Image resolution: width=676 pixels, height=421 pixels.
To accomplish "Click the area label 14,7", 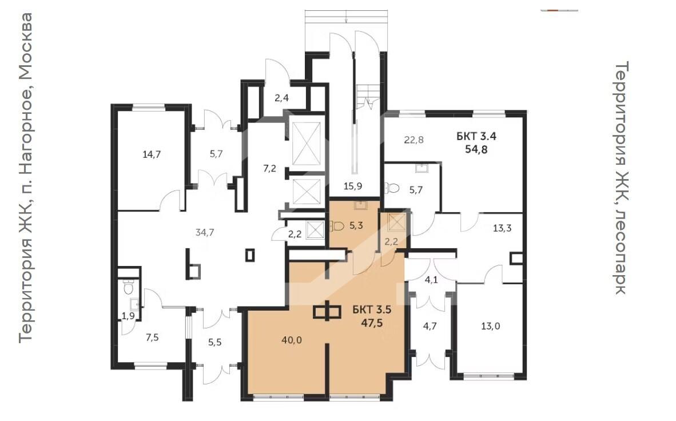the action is pos(152,154).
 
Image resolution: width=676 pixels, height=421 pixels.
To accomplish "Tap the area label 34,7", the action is pos(204,232).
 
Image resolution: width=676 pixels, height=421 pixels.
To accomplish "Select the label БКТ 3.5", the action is pos(372,309).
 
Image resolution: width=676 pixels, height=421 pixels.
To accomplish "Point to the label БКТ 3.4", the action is pos(476,136).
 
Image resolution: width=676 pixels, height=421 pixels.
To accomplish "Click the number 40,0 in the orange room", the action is pos(292,340).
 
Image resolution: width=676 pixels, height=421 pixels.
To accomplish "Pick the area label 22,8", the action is pos(414,140).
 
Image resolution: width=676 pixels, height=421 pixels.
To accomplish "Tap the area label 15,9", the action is pos(353,186).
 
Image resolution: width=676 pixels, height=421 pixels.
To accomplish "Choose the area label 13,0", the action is pos(491,326).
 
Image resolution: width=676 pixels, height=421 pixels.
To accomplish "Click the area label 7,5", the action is pos(152,337).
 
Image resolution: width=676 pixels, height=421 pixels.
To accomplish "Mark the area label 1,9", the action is pos(128,316).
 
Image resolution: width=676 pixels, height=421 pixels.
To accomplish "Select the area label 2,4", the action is pos(281,98).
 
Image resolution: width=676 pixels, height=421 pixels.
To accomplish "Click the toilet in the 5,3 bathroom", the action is pos(337,226).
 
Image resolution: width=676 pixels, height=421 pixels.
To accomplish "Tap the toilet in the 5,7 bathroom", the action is pos(392,188).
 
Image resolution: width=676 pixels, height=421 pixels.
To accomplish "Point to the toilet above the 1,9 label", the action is pos(128,288).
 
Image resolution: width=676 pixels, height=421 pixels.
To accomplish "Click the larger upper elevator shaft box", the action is pos(306,144).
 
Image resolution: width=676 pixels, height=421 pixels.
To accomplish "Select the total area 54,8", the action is pos(476,149).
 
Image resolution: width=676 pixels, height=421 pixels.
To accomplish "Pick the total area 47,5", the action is pos(372,323).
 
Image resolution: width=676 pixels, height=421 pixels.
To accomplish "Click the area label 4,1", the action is pos(432,280).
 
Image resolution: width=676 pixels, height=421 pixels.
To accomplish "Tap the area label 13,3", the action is pos(502,228).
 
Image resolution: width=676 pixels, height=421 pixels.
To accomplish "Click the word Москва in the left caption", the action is pos(25,47).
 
